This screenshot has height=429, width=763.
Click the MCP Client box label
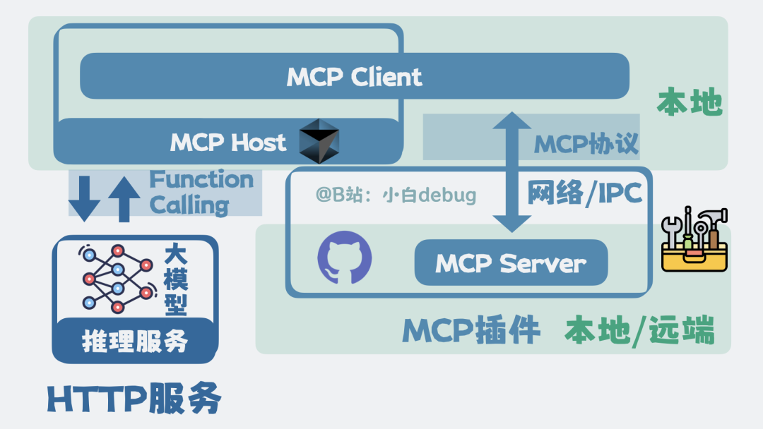(x=354, y=76)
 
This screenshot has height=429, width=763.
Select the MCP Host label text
(x=227, y=143)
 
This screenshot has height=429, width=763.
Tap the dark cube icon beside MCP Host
(x=319, y=140)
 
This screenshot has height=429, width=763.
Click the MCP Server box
(x=511, y=263)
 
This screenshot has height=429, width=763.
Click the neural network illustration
(x=117, y=277)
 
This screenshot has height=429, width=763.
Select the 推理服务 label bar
(x=135, y=342)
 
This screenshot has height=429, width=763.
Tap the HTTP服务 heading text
(x=134, y=399)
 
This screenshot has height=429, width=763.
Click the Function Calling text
(x=201, y=192)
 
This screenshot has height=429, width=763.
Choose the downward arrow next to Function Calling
(x=84, y=197)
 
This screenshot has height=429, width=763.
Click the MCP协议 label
(x=586, y=144)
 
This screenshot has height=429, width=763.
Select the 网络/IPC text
(x=585, y=193)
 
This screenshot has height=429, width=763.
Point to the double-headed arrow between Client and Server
(x=511, y=171)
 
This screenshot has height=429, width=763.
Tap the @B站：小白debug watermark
(x=396, y=195)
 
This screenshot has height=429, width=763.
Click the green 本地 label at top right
(x=690, y=102)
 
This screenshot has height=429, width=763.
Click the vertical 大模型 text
(x=176, y=280)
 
